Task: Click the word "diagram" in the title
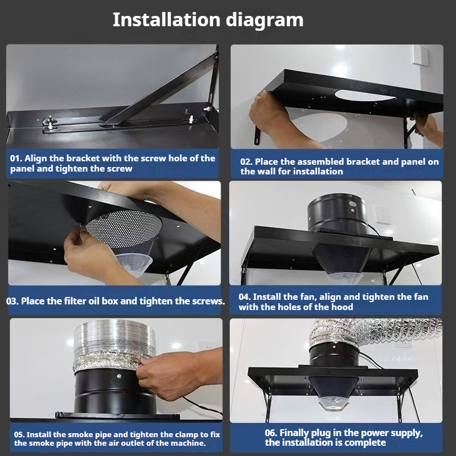coord(264,21)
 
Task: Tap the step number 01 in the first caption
coord(15,158)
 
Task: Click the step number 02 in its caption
coord(246,162)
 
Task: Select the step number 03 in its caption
coord(12,301)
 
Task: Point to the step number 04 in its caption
coord(245,297)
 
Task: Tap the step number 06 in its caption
coord(271,433)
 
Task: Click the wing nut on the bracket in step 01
coord(50,122)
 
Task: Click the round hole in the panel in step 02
coord(365,95)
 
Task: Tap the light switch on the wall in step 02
coord(420,55)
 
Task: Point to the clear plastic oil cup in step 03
coord(135,263)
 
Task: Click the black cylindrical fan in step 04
coord(337,213)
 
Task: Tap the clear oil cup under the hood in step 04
coord(344,278)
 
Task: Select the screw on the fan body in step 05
coord(119,376)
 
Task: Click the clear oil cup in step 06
coord(333,403)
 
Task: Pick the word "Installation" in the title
coord(166,20)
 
